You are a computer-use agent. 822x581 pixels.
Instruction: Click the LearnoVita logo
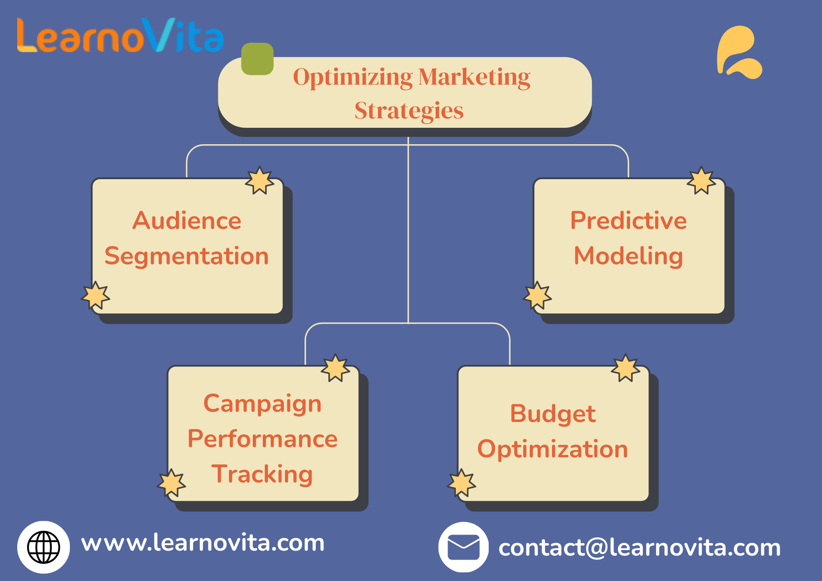pyautogui.click(x=120, y=35)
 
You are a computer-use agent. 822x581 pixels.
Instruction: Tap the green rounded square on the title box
pyautogui.click(x=257, y=59)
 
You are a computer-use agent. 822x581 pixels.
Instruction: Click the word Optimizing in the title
pyautogui.click(x=353, y=78)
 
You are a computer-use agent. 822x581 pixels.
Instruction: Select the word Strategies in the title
pyautogui.click(x=409, y=111)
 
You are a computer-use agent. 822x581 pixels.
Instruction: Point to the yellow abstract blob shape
pyautogui.click(x=739, y=52)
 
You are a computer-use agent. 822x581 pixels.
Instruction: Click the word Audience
pyautogui.click(x=187, y=221)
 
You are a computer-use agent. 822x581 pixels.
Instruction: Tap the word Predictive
pyautogui.click(x=628, y=221)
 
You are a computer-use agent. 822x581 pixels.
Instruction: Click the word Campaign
pyautogui.click(x=263, y=404)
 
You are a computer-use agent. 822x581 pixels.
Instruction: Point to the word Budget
pyautogui.click(x=553, y=414)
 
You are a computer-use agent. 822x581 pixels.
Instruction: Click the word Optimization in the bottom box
pyautogui.click(x=553, y=449)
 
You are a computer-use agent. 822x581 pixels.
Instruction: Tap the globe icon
pyautogui.click(x=44, y=547)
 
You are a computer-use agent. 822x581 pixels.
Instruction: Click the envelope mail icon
pyautogui.click(x=464, y=547)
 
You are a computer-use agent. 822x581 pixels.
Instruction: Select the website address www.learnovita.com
pyautogui.click(x=203, y=543)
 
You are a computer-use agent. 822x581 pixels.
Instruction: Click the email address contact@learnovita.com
pyautogui.click(x=640, y=548)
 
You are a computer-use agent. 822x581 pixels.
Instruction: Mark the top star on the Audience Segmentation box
pyautogui.click(x=260, y=180)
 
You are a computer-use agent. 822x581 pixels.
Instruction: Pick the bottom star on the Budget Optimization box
pyautogui.click(x=462, y=483)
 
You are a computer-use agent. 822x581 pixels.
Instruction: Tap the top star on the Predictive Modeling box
pyautogui.click(x=702, y=180)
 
